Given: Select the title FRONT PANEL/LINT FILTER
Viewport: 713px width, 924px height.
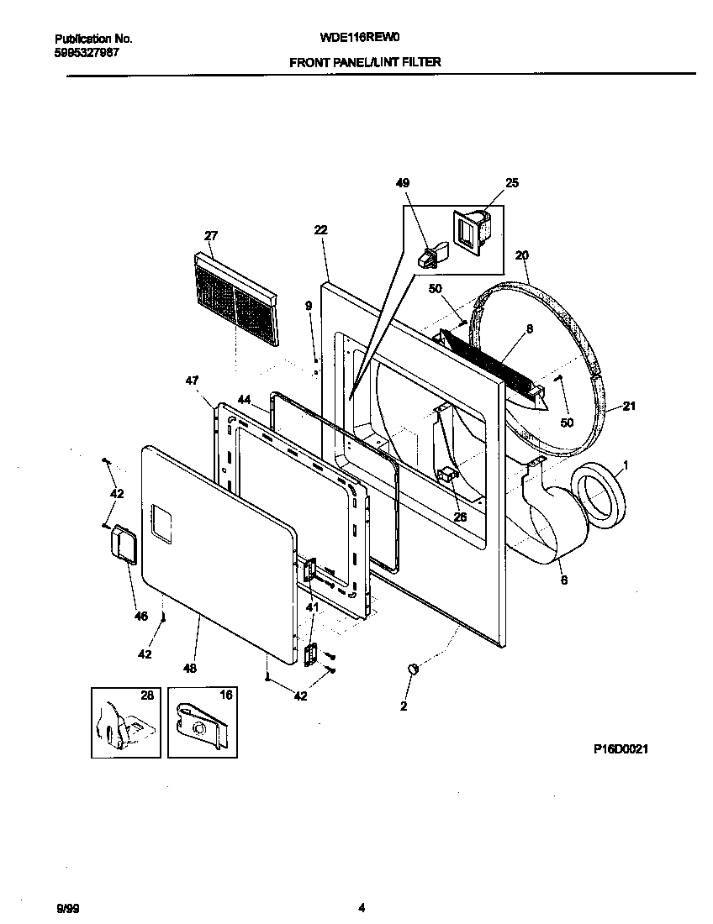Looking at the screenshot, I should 365,62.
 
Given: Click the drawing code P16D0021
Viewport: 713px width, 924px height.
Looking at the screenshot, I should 621,748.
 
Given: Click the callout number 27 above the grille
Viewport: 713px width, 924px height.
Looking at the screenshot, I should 210,236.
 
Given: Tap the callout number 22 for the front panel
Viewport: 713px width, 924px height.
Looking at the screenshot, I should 320,230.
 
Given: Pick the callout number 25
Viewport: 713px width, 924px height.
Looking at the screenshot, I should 511,183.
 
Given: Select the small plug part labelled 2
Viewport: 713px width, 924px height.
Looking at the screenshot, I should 413,669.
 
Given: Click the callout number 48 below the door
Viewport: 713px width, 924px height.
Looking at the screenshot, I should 190,669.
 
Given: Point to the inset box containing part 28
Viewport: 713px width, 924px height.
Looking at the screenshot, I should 125,722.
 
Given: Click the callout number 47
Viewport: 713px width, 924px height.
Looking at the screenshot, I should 193,381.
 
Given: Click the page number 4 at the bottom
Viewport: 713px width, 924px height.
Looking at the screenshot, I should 362,907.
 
